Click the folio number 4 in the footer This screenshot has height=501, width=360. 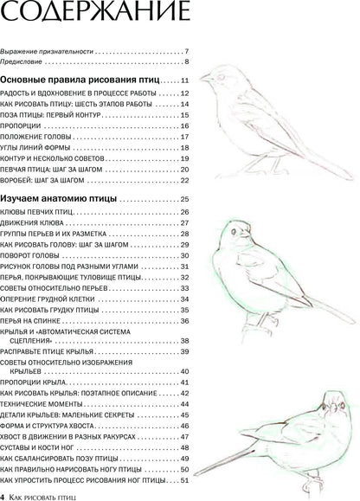point(4,494)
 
